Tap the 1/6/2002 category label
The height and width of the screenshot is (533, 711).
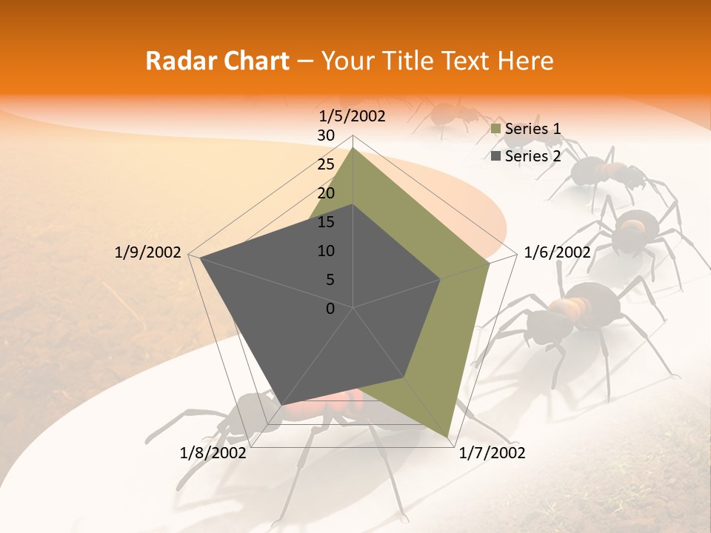coord(557,252)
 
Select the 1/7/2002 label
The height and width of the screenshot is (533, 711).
coord(492,453)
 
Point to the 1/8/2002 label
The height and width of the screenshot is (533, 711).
coord(213,453)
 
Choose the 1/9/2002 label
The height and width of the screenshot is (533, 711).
coord(148,252)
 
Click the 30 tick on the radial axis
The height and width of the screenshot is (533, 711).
coord(325,135)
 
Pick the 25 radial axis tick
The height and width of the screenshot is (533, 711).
coord(325,164)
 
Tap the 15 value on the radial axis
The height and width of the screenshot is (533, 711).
coord(325,222)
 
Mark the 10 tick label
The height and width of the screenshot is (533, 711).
coord(326,251)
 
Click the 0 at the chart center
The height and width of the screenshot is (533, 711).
coord(330,309)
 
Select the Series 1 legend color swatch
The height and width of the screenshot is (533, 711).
coord(495,130)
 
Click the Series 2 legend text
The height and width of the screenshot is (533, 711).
coord(533,156)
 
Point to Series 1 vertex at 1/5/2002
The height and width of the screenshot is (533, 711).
coord(353,148)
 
